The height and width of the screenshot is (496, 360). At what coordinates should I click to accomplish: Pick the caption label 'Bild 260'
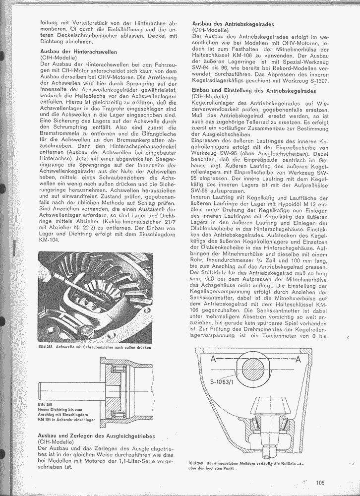[x=196, y=463]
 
